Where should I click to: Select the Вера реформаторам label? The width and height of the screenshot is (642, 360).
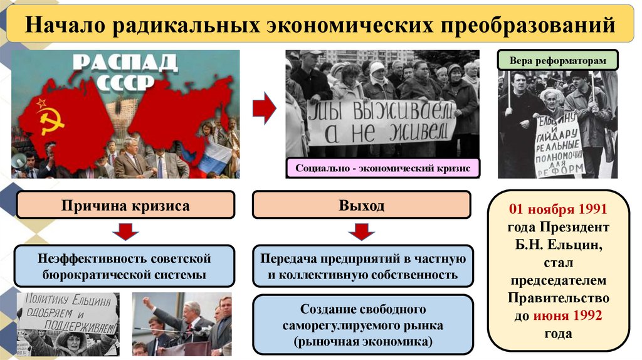[x=558, y=61]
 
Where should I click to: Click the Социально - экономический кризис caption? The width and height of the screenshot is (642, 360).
[x=383, y=168]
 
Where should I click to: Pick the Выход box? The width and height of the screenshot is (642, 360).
[x=361, y=205]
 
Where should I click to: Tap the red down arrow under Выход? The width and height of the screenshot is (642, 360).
[x=361, y=232]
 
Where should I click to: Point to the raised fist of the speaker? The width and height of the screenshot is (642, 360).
[x=147, y=302]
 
